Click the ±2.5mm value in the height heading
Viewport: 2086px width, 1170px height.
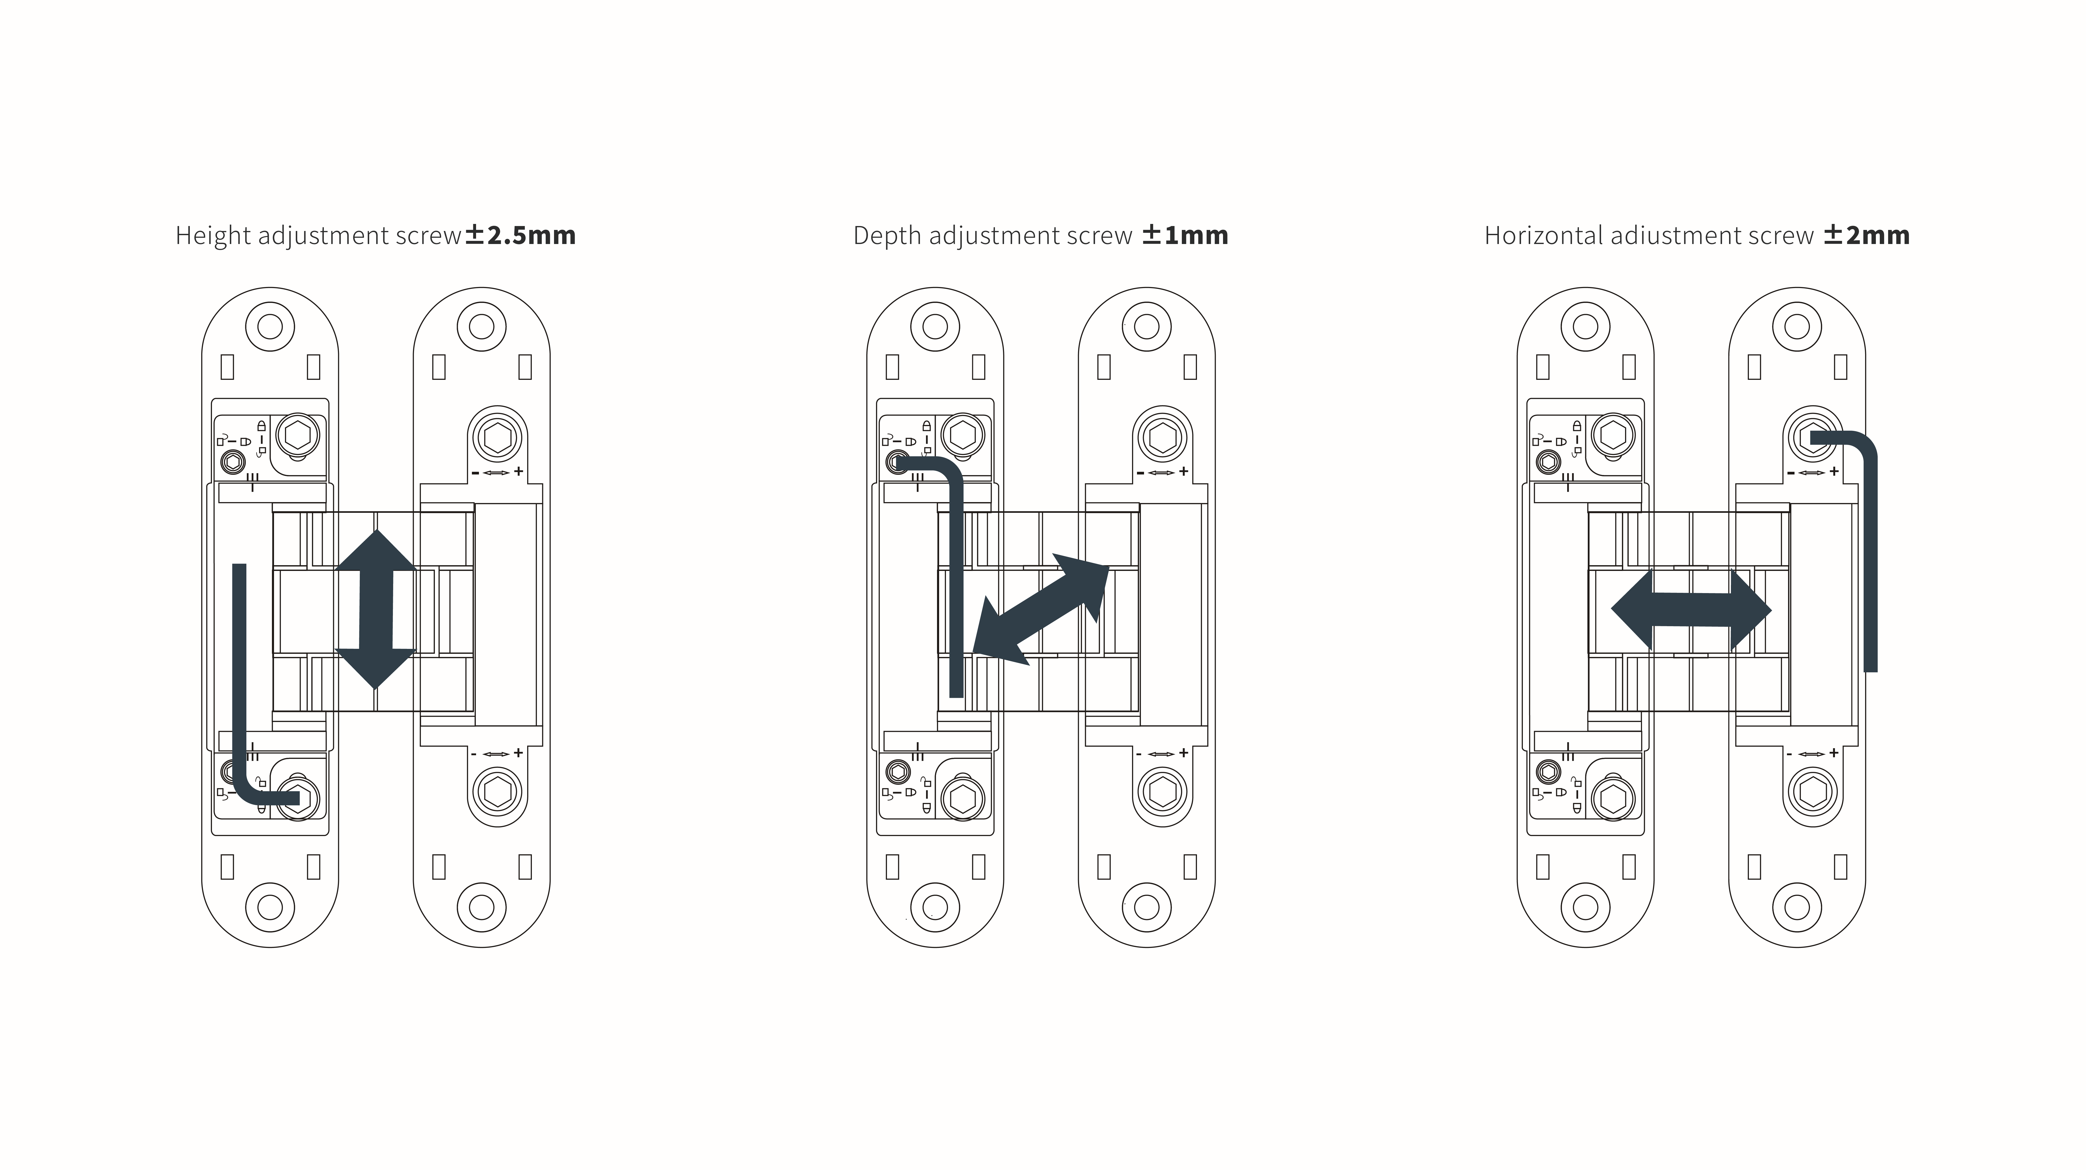(x=520, y=235)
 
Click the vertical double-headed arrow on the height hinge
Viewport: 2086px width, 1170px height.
(x=376, y=609)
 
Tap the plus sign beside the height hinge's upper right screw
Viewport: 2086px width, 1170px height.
(x=518, y=471)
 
